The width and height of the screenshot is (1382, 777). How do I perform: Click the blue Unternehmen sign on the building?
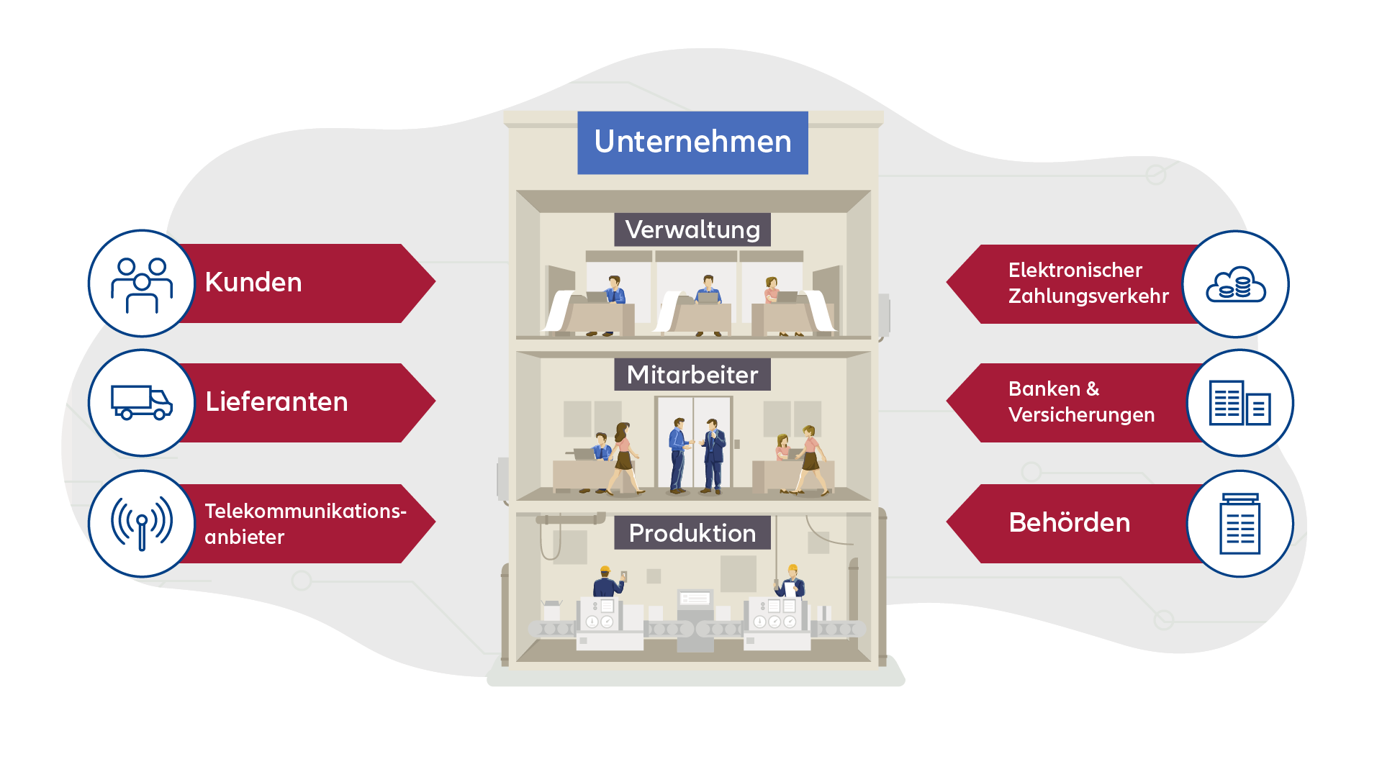coord(692,142)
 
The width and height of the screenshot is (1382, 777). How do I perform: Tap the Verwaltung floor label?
coord(692,230)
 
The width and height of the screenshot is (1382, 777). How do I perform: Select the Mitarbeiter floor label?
coord(692,375)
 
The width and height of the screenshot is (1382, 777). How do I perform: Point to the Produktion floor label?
coord(692,533)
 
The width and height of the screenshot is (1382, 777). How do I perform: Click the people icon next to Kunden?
coord(142,283)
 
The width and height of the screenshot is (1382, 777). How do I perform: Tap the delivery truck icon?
coord(142,402)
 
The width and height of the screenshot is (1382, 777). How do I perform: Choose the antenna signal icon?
coord(142,523)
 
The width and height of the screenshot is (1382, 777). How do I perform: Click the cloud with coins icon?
coord(1236,284)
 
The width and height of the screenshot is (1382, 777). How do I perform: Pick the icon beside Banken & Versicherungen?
coord(1239,403)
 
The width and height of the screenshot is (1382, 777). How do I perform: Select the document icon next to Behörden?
coord(1239,524)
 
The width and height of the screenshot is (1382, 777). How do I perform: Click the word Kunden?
coord(253,283)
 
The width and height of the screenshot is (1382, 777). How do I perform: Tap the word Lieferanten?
coord(276,402)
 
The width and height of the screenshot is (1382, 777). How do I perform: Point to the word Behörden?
coord(1070,523)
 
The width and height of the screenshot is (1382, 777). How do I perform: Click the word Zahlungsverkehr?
coord(1088,296)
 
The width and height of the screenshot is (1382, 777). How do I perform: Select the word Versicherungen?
coord(1081,415)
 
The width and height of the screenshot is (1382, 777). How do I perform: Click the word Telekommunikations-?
coord(305,512)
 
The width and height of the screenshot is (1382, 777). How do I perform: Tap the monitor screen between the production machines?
coord(695,599)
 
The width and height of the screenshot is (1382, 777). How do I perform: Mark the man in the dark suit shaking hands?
coord(713,455)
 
